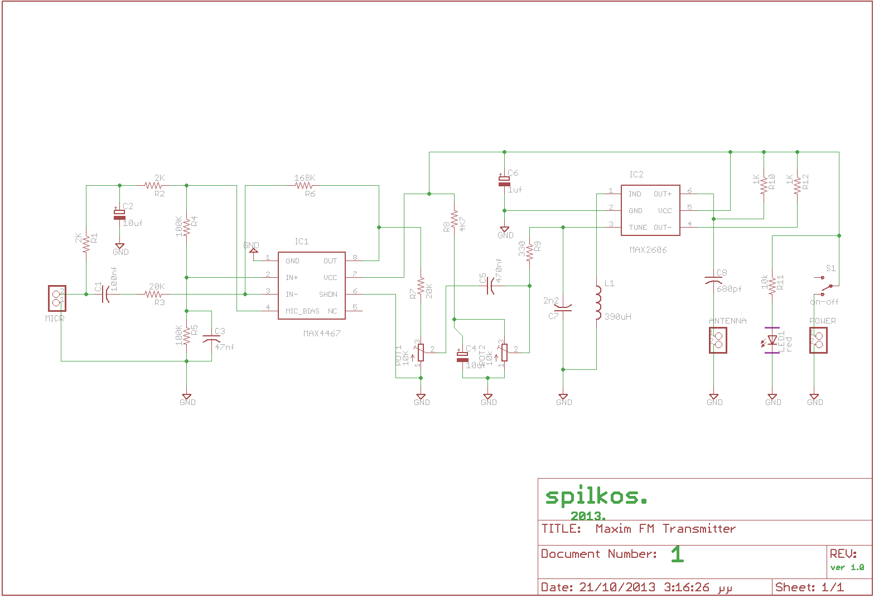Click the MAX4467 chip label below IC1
(322, 333)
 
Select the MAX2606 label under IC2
(648, 250)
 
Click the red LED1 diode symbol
(772, 340)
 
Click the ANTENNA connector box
(718, 340)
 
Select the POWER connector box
(818, 340)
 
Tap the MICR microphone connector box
(56, 298)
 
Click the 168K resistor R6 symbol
(305, 185)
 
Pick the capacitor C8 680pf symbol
(714, 279)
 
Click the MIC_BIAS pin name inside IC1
(302, 311)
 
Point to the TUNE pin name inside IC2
(638, 228)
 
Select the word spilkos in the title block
(596, 496)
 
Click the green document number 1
(677, 554)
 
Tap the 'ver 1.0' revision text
(847, 567)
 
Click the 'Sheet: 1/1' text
(809, 587)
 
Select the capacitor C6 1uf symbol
(504, 181)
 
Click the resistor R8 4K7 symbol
(455, 220)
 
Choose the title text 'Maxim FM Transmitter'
(665, 528)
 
